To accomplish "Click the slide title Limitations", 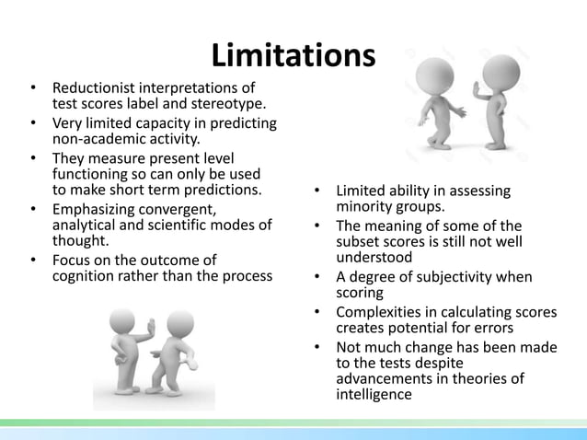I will pos(293,55).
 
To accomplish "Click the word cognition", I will pos(88,276).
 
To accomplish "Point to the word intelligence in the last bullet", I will pos(374,396).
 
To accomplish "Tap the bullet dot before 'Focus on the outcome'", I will pos(33,261).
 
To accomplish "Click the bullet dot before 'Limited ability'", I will pos(316,191).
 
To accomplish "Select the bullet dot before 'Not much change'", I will pos(316,346).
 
